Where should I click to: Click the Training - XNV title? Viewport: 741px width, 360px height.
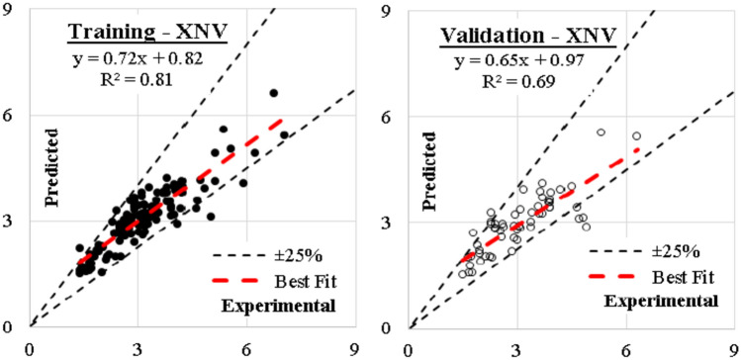pos(147,34)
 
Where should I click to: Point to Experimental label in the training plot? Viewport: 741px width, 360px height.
pos(279,304)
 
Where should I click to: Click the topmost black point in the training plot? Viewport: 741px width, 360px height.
pos(274,93)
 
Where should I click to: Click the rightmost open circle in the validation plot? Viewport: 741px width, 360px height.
pos(636,136)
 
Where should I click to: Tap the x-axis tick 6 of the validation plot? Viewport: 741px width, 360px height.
pos(624,347)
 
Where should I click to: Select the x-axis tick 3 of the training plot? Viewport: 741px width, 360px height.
pos(139,347)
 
